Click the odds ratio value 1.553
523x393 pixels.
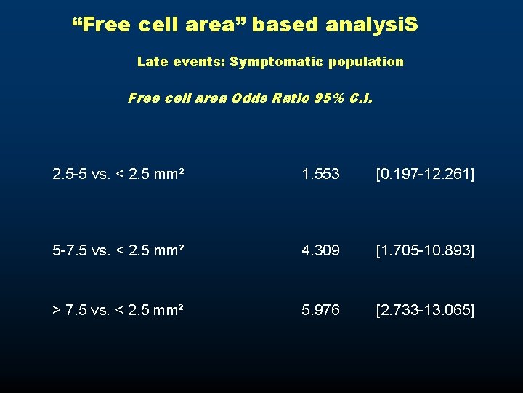tap(321, 175)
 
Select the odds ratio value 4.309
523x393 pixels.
tap(321, 251)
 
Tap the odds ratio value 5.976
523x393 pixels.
tap(321, 311)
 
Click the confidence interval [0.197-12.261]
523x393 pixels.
tap(425, 175)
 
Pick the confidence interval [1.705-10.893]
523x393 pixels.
tap(425, 251)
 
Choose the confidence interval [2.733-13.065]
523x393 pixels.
tap(425, 311)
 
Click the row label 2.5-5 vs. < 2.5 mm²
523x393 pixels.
tap(118, 175)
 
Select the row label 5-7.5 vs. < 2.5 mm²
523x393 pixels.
tap(118, 251)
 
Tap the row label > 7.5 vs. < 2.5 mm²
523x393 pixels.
tap(118, 311)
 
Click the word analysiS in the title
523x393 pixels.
tap(373, 25)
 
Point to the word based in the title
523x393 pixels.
tap(286, 25)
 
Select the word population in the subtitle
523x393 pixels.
tap(365, 63)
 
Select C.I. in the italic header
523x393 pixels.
tap(361, 98)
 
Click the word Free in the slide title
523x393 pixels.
tap(100, 25)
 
